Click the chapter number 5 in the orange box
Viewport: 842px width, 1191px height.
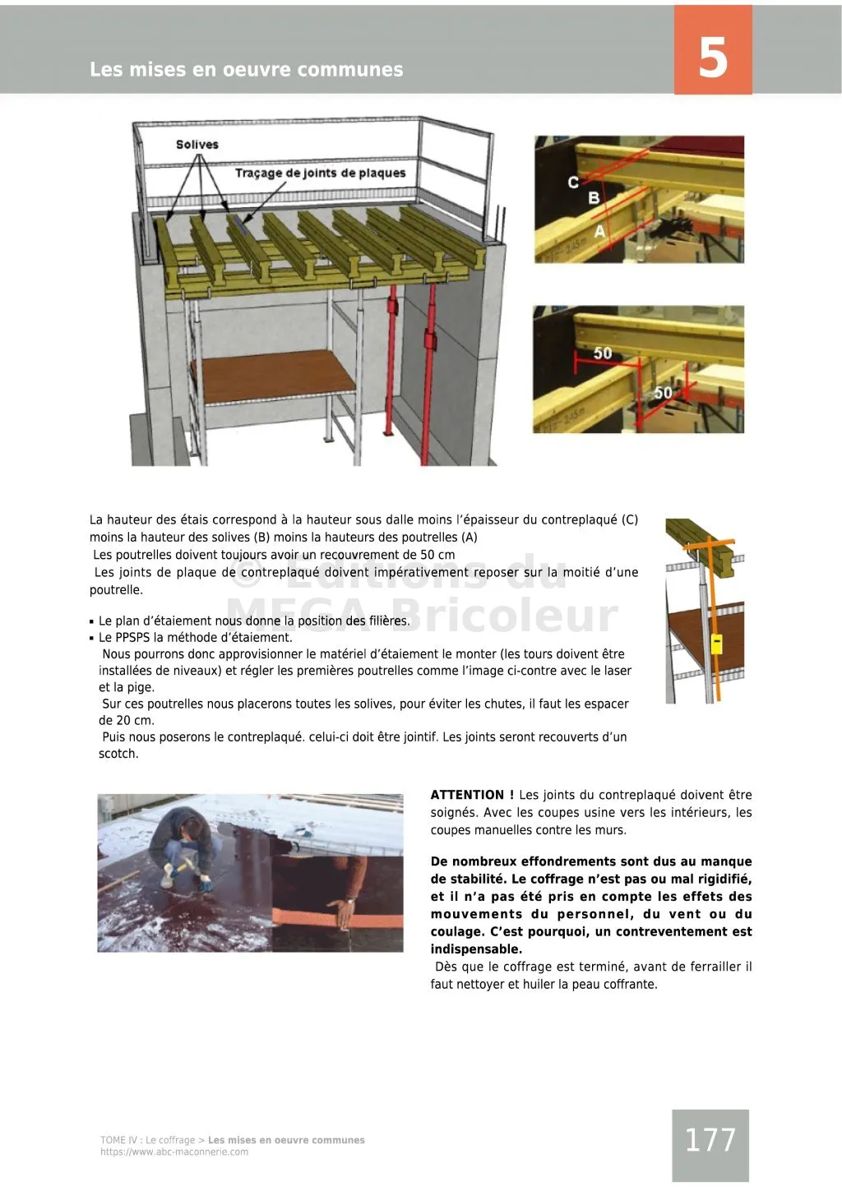point(713,57)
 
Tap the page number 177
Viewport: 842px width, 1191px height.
point(710,1140)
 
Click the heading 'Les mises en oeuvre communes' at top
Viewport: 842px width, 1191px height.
point(247,70)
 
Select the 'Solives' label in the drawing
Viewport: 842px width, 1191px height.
point(197,145)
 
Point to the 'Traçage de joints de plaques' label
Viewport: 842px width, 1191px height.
point(320,173)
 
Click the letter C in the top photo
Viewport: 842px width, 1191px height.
point(573,182)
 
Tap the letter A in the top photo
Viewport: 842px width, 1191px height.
point(600,231)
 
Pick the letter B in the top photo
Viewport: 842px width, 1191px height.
point(594,198)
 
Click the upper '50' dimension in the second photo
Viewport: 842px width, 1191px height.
point(603,353)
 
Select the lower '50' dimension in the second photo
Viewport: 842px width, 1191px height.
point(663,393)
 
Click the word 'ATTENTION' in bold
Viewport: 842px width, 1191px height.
point(467,795)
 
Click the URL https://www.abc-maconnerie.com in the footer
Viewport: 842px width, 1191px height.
point(174,1152)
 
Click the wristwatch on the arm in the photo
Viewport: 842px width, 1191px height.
point(349,901)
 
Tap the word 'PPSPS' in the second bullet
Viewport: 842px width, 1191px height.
point(135,638)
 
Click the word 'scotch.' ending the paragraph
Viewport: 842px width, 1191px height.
point(118,754)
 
